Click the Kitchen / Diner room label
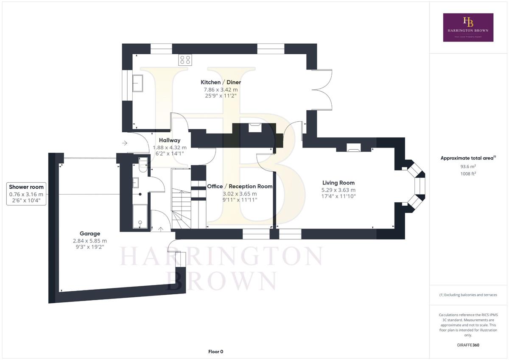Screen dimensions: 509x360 coord(221,82)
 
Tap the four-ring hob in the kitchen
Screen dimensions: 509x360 coord(185,60)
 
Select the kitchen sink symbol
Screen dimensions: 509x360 coord(138,84)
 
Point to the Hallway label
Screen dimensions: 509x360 coord(170,140)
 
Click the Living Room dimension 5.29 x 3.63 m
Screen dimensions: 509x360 coord(338,190)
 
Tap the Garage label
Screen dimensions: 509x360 coord(90,234)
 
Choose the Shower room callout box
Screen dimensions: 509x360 coord(26,194)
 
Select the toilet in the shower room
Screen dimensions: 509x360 coord(143,165)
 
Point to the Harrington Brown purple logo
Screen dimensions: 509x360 coord(468,28)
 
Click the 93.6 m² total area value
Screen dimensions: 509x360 coord(468,166)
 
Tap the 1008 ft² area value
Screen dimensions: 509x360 coord(468,174)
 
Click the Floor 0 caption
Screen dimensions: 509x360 coord(215,352)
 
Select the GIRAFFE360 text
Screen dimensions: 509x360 coord(468,345)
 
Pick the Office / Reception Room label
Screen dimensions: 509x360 coord(240,187)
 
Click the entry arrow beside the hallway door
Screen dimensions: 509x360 coord(125,143)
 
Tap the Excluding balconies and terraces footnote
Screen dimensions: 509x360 coord(468,295)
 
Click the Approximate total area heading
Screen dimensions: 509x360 coord(468,158)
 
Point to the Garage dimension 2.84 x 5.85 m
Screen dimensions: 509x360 coord(90,241)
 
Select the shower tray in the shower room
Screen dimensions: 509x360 coord(140,216)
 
